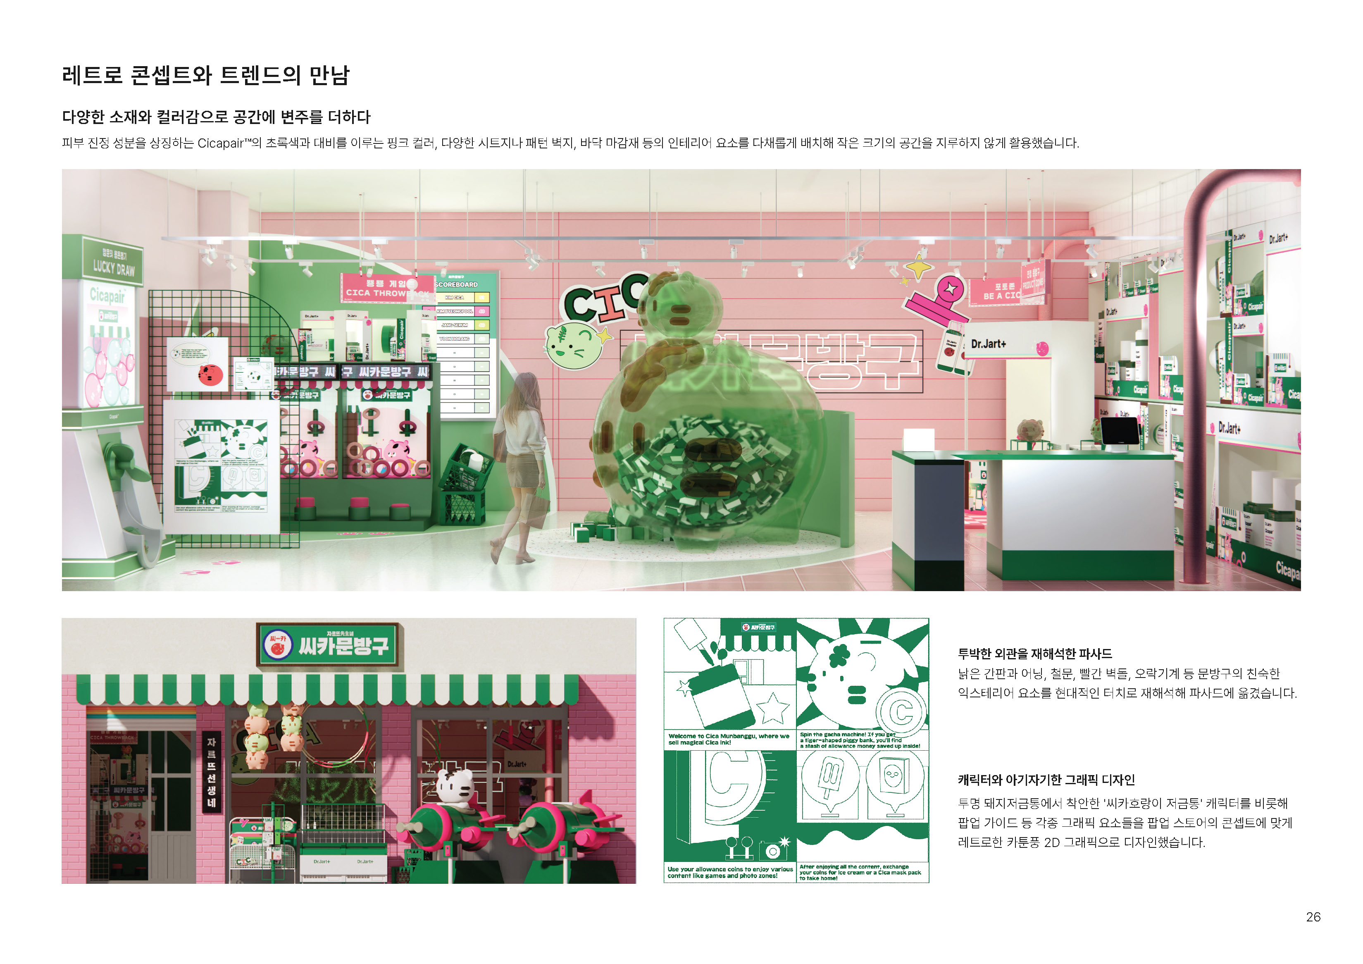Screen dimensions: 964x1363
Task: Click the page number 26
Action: pos(1313,916)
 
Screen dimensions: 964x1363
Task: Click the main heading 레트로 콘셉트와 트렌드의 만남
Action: pos(205,75)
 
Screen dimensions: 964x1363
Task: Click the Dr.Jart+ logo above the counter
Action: pos(989,344)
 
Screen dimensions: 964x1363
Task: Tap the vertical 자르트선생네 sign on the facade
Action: pos(211,772)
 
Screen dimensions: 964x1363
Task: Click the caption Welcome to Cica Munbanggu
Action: pos(728,739)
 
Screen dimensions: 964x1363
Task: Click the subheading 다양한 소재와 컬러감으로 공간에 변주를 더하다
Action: pos(216,117)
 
